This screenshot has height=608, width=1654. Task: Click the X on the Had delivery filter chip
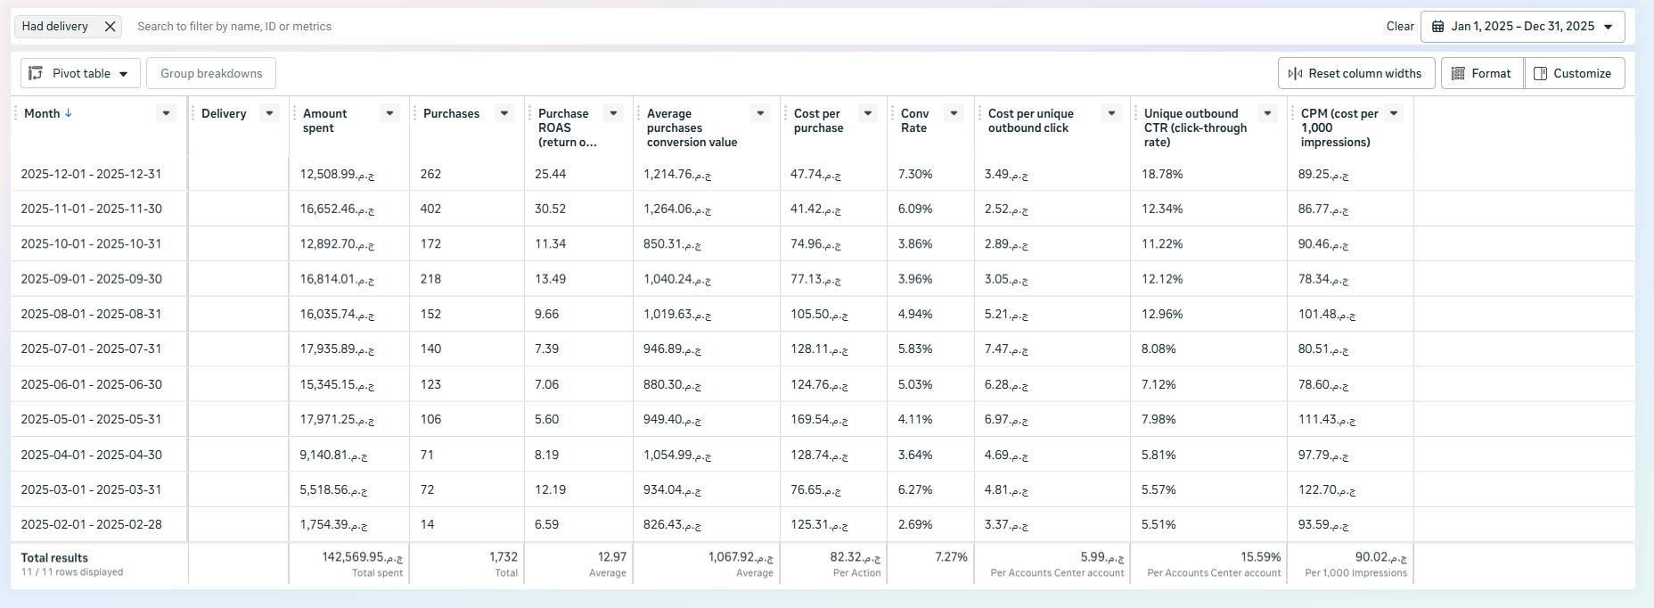click(x=110, y=27)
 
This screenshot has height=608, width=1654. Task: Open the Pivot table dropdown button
click(x=80, y=73)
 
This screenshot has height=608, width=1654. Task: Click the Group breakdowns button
click(x=211, y=73)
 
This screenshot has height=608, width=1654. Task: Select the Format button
click(x=1482, y=73)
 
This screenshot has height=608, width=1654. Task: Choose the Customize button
click(x=1574, y=73)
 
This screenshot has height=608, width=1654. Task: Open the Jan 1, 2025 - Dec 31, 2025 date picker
click(x=1522, y=27)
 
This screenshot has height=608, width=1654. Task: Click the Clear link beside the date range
click(x=1400, y=27)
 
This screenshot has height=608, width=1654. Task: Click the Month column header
click(x=42, y=113)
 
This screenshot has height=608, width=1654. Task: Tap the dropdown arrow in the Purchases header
click(x=504, y=113)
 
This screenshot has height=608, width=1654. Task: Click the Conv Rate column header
click(x=914, y=120)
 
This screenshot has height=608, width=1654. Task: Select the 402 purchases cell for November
click(x=431, y=209)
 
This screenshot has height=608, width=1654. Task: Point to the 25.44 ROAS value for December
click(x=550, y=174)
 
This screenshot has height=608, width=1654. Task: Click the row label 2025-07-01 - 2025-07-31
click(x=91, y=349)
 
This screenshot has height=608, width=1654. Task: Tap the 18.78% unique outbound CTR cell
click(x=1162, y=174)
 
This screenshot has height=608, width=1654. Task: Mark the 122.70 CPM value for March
click(x=1322, y=489)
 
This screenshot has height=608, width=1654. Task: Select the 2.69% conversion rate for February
click(x=914, y=524)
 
